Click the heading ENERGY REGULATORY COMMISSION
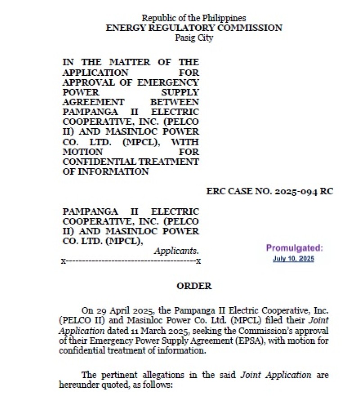click(194, 28)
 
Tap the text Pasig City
click(194, 38)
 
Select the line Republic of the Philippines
click(194, 18)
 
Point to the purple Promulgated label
click(294, 248)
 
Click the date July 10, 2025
click(293, 259)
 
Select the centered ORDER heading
click(194, 286)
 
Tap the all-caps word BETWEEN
click(175, 102)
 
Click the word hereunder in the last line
click(77, 385)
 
